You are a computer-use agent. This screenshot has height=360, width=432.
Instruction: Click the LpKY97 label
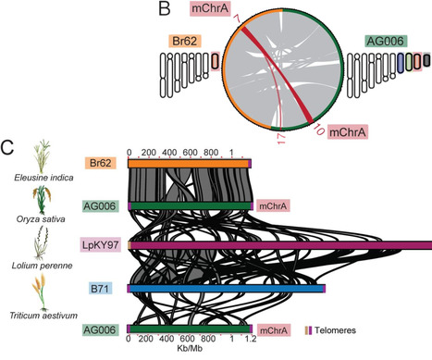(x=105, y=245)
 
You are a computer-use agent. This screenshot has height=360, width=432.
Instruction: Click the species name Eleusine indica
(x=41, y=183)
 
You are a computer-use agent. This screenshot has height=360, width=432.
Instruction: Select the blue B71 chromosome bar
(x=226, y=289)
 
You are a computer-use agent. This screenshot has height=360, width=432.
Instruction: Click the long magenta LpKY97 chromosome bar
(x=278, y=245)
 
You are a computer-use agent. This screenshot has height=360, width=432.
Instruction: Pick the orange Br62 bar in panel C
(x=189, y=163)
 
